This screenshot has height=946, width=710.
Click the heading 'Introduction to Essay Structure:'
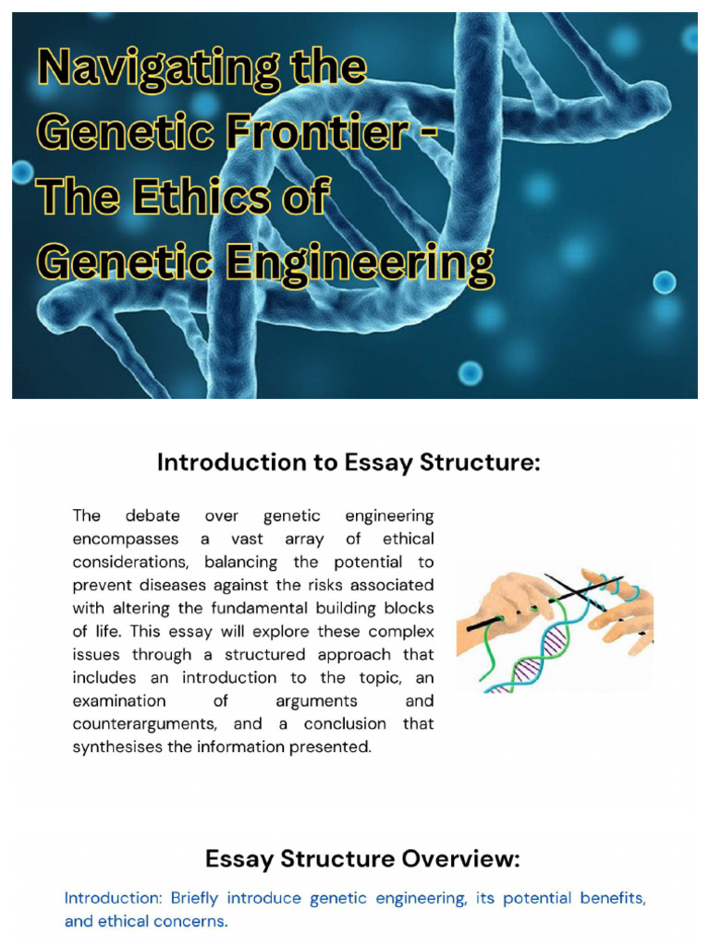coord(349,463)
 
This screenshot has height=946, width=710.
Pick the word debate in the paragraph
coord(153,515)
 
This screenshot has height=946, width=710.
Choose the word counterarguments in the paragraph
coord(141,724)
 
